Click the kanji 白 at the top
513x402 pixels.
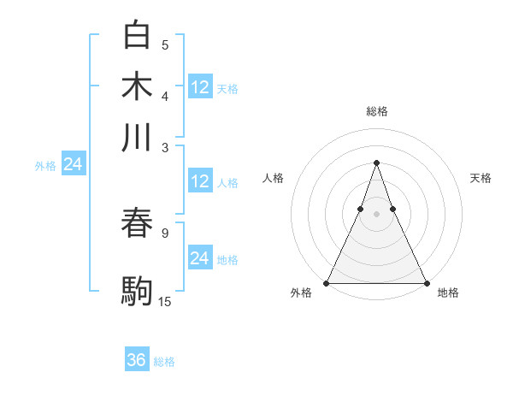pos(137,35)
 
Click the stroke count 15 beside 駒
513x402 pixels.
pos(165,301)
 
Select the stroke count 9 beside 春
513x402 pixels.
pos(165,232)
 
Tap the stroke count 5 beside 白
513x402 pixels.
pos(165,44)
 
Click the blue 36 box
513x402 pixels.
pos(137,360)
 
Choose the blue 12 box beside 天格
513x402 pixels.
pos(200,86)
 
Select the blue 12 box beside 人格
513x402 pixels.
pos(200,181)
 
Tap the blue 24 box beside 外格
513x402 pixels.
pos(74,164)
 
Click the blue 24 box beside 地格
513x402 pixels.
pos(200,258)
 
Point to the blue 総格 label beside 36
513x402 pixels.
pos(164,362)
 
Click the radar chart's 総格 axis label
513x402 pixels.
pos(377,111)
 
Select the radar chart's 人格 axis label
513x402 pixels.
pos(274,178)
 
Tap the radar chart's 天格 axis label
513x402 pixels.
pos(481,178)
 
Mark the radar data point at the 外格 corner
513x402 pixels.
pos(327,282)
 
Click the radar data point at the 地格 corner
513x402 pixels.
pos(426,282)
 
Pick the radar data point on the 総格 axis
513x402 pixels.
pos(377,163)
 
